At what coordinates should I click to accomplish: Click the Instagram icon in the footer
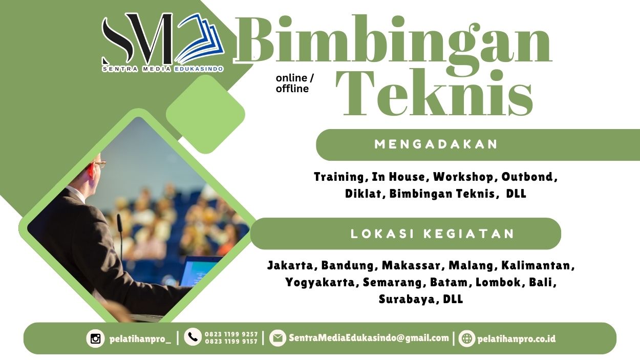click(x=95, y=338)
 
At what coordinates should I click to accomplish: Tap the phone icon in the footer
click(x=193, y=337)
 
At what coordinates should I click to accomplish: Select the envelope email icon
click(x=278, y=338)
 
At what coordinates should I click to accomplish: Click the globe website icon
click(x=466, y=338)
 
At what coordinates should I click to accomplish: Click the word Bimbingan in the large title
click(x=393, y=41)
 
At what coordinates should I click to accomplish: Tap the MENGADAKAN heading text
click(x=436, y=144)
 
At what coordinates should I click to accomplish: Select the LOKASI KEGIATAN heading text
click(x=433, y=234)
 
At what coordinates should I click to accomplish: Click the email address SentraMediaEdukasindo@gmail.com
click(x=369, y=338)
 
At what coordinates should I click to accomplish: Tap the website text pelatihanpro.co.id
click(x=516, y=338)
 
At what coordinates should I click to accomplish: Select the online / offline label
click(x=294, y=83)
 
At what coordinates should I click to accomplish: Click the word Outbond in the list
click(x=528, y=177)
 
